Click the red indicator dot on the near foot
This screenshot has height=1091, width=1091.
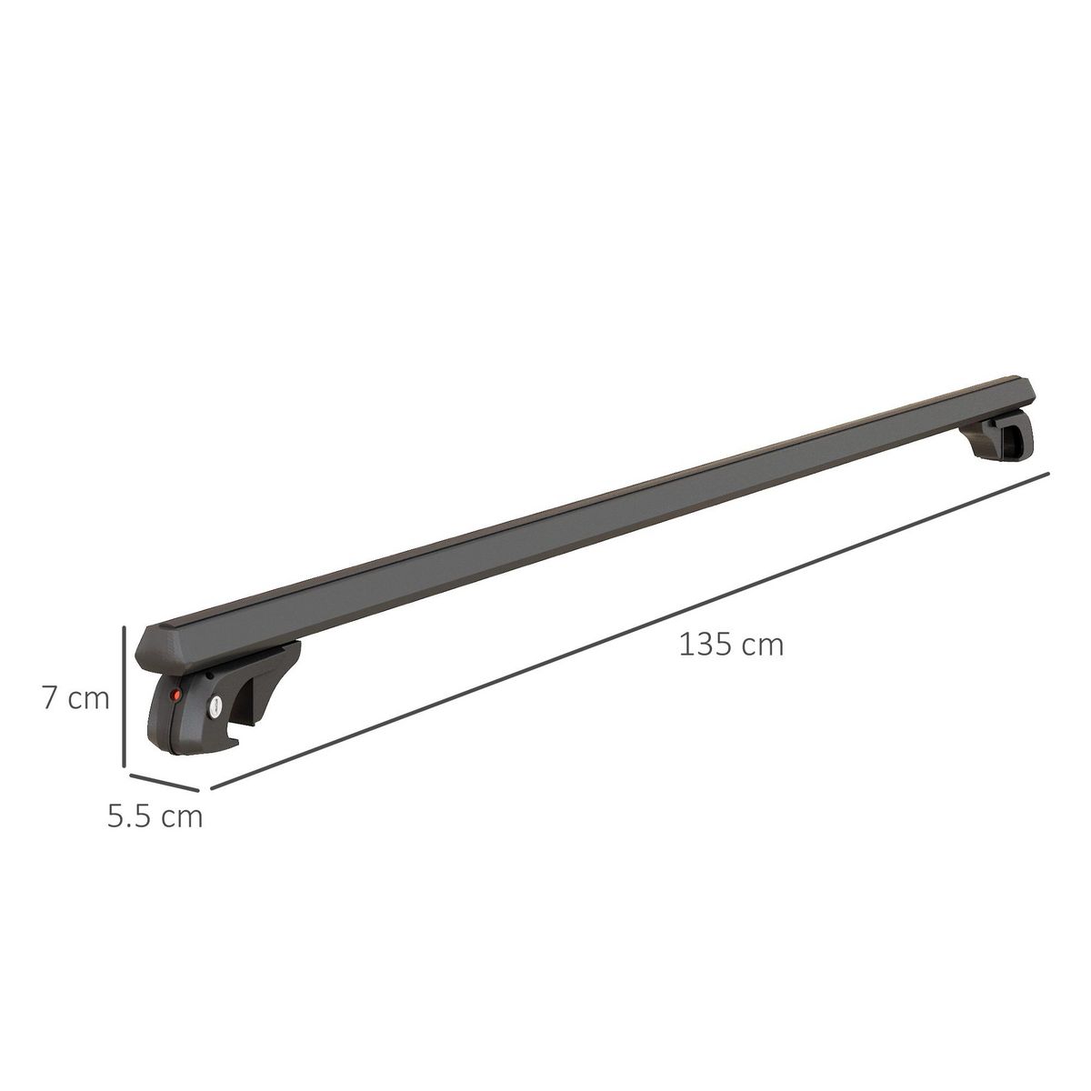pyautogui.click(x=176, y=696)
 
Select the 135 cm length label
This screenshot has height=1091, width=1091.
pyautogui.click(x=731, y=645)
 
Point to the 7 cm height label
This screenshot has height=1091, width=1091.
pyautogui.click(x=75, y=698)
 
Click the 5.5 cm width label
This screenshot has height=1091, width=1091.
pyautogui.click(x=155, y=816)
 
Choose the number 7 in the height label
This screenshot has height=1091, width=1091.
pyautogui.click(x=50, y=698)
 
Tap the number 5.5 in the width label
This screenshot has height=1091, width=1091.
pyautogui.click(x=130, y=816)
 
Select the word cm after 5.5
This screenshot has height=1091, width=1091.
pyautogui.click(x=182, y=816)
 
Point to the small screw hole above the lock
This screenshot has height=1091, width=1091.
pyautogui.click(x=209, y=676)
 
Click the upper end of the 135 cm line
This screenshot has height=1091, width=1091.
pyautogui.click(x=1048, y=474)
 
